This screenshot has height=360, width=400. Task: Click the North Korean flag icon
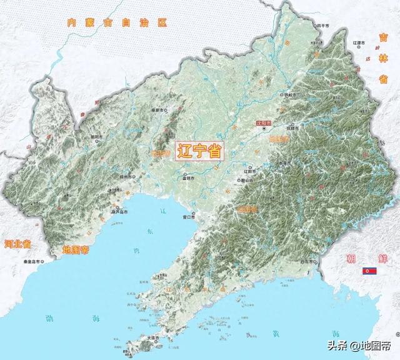click(370, 271)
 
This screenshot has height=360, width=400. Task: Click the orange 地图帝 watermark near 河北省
click(78, 250)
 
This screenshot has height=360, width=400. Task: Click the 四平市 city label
click(322, 26)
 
